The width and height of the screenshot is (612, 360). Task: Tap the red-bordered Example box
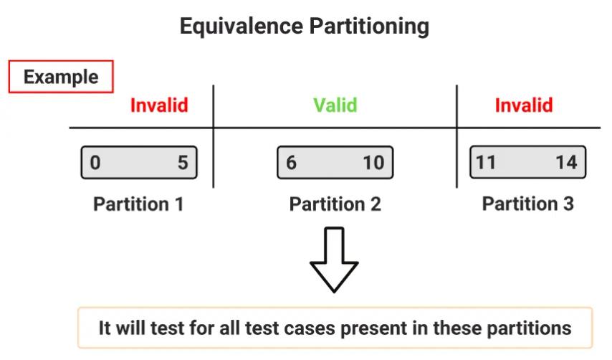[61, 77]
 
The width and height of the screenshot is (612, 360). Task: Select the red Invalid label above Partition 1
[159, 105]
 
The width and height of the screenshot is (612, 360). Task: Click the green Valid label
[335, 105]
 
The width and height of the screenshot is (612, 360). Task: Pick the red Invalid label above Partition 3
[524, 105]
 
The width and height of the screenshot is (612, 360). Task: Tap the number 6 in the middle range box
[291, 163]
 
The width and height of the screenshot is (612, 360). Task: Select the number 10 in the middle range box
[373, 163]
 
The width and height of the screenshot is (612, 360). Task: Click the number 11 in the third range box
[486, 162]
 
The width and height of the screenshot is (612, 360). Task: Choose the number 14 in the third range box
[566, 162]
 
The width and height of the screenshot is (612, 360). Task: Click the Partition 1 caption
[138, 204]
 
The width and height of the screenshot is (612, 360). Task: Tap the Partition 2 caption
[335, 204]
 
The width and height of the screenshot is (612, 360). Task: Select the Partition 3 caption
[527, 204]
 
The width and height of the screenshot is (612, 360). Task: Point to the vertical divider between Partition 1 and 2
[214, 136]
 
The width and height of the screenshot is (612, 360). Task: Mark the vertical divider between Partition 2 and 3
[456, 136]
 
